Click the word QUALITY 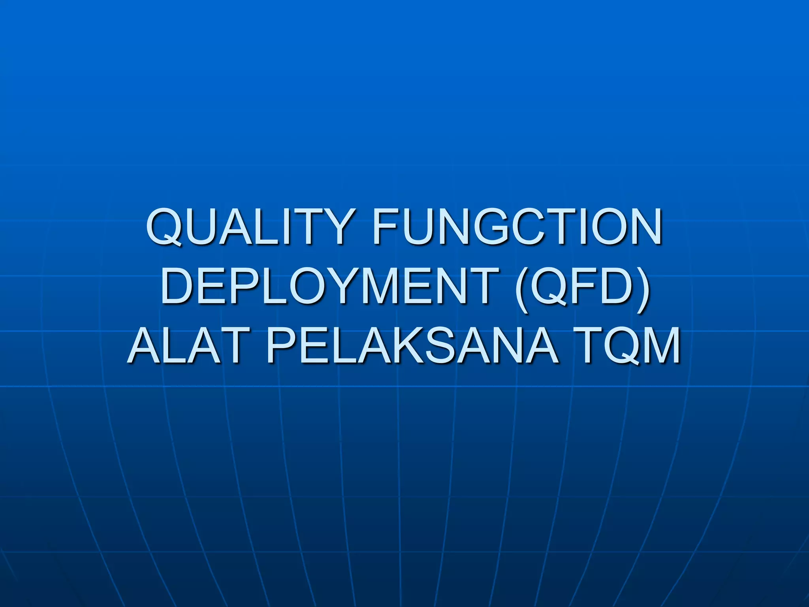(x=248, y=227)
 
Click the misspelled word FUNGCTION (x=517, y=227)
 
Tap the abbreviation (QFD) (x=583, y=285)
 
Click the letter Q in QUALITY (x=166, y=228)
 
